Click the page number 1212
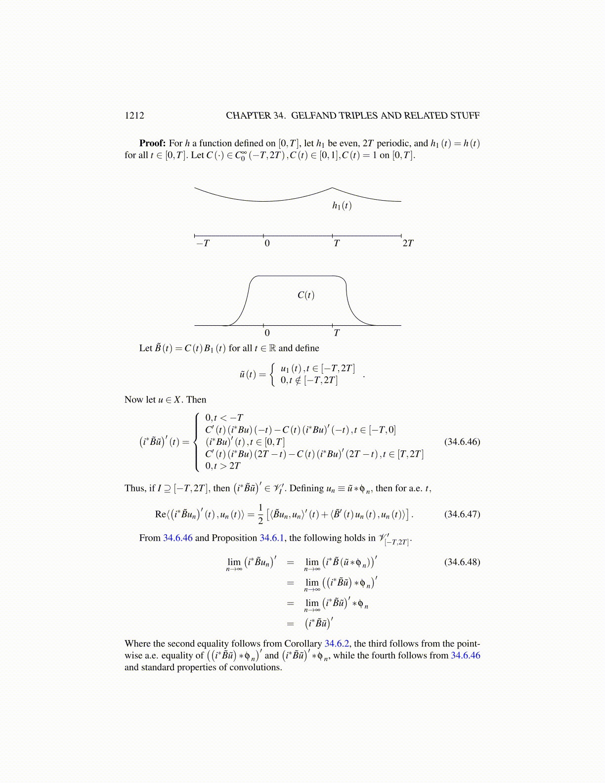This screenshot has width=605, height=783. pos(134,116)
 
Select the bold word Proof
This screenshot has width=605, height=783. pos(152,143)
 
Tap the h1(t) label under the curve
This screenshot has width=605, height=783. pos(342,205)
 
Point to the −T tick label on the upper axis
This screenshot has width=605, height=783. pos(203,243)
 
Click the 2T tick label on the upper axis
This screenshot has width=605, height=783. pos(408,243)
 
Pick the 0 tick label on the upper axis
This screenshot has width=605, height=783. pos(267,243)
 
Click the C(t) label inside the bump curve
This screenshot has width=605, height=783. pos(306,295)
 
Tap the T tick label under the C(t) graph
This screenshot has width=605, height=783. pos(337,333)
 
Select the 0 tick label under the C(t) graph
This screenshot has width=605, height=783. pos(267,333)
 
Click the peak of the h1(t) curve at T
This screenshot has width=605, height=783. pos(332,188)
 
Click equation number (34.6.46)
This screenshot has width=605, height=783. pos(462,441)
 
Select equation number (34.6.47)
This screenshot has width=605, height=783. pos(462,514)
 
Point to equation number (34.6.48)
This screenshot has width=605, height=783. pos(462,562)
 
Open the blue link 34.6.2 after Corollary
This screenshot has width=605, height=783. pos(337,644)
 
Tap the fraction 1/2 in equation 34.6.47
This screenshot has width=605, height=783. pos(260,515)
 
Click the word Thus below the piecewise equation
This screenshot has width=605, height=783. pos(134,488)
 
